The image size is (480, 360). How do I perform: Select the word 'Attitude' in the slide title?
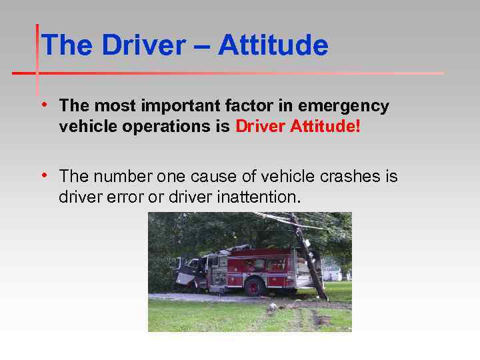(x=273, y=46)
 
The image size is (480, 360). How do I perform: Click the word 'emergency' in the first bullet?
(x=344, y=106)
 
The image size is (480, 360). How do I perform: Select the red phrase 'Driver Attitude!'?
(x=297, y=127)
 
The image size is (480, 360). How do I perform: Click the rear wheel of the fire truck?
(x=255, y=286)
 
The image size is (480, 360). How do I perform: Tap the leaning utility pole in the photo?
(x=309, y=257)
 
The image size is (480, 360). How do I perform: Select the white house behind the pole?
(x=332, y=273)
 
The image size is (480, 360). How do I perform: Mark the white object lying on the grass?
(x=273, y=307)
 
